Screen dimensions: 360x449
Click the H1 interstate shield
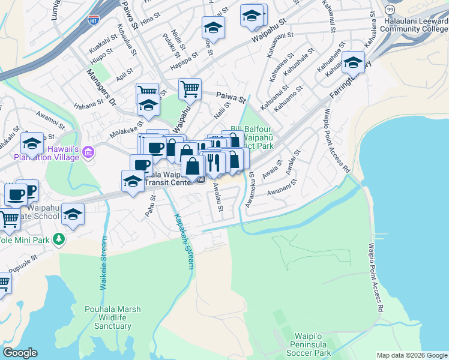pyautogui.click(x=94, y=19)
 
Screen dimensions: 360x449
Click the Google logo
pyautogui.click(x=19, y=353)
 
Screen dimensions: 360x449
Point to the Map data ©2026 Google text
pyautogui.click(x=411, y=355)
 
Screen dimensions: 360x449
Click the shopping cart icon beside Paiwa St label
pyautogui.click(x=190, y=89)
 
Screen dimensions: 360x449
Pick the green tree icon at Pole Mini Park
pyautogui.click(x=58, y=239)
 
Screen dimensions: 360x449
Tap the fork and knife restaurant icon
pyautogui.click(x=212, y=161)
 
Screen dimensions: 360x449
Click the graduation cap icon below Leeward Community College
pyautogui.click(x=353, y=63)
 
